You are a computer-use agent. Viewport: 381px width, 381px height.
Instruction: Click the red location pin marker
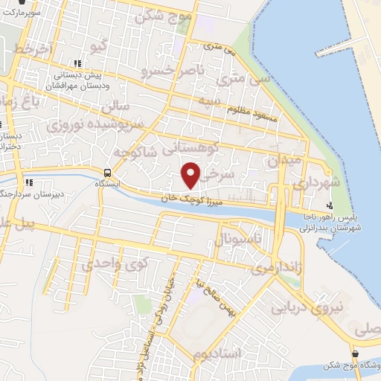coord(191,176)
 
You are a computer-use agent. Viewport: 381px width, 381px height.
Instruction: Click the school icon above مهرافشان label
coord(76,63)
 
